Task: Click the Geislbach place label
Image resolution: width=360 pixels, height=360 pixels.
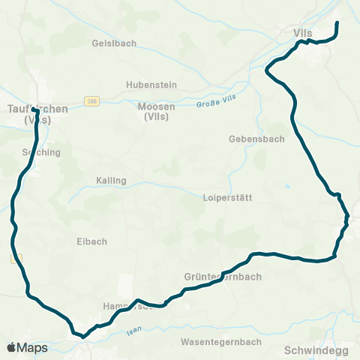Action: point(114,43)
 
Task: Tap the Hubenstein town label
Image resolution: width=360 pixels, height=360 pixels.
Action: point(151,85)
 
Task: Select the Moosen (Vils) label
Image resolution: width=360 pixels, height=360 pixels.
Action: point(156,112)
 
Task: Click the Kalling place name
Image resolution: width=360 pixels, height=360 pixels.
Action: point(111,181)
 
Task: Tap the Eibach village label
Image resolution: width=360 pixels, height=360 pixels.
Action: point(91,241)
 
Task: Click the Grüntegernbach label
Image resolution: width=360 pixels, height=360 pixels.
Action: point(223,277)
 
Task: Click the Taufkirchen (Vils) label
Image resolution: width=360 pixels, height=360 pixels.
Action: point(37,113)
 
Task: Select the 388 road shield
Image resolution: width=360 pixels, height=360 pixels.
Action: point(91,100)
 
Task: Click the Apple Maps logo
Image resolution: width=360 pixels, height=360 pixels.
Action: point(27,348)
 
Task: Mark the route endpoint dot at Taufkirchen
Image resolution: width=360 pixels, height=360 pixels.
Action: point(34,111)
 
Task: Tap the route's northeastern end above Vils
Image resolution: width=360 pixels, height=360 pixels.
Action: point(337,23)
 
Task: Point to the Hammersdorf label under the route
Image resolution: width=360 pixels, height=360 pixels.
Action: point(128,307)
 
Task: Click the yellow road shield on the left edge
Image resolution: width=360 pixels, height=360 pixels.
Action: point(16,258)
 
